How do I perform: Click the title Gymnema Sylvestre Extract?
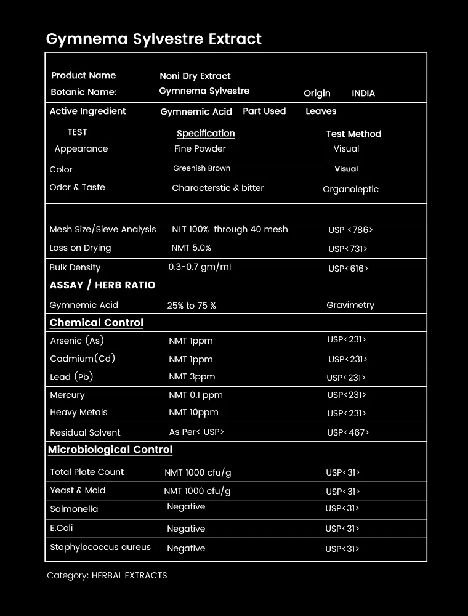coord(154,39)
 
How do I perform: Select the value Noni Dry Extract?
coord(195,76)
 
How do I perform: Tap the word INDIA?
coord(363,93)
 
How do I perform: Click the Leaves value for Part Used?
coord(321,111)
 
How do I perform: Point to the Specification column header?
coord(206,133)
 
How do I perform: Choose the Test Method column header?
coord(353,134)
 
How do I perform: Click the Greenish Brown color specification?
coord(201,168)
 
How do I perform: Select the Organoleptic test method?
coord(350,189)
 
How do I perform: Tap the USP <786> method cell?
coord(350,230)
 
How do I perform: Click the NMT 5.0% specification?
coord(191,248)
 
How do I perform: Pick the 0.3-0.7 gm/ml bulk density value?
coord(200,267)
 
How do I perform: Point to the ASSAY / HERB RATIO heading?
coord(102,285)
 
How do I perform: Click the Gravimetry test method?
coord(350,305)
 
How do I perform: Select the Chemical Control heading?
coord(96,323)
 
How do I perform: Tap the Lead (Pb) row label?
coord(71,377)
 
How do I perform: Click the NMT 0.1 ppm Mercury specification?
coord(196,395)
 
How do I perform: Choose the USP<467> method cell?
coord(348,432)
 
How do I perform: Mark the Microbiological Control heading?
coord(110,450)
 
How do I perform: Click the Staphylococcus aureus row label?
coord(100,547)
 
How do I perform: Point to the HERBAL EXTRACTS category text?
coord(129,575)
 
